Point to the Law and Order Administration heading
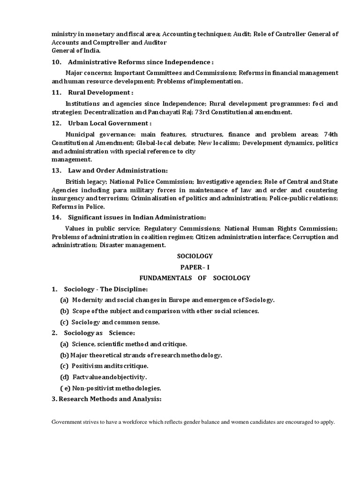tap(118, 170)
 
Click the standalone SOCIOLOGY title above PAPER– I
tap(195, 256)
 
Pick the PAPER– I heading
tap(195, 267)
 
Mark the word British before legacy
tap(76, 181)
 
